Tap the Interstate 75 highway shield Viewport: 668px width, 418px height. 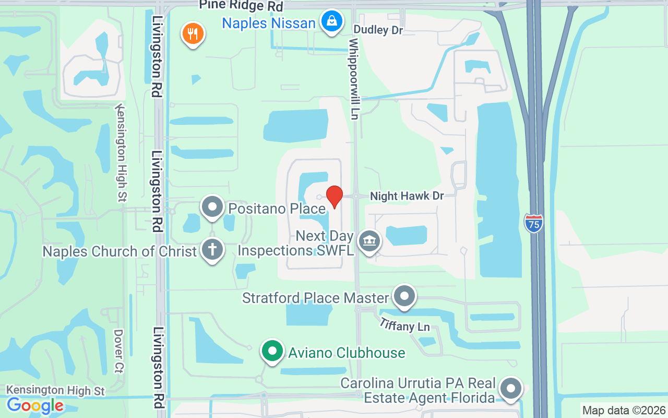533,223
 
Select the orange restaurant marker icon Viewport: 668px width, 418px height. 193,34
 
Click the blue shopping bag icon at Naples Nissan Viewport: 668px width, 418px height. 331,22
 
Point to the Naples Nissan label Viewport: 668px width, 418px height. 268,23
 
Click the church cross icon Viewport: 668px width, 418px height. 212,250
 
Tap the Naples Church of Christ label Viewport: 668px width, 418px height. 120,251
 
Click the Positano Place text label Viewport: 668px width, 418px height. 277,209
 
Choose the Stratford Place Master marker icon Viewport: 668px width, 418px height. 404,296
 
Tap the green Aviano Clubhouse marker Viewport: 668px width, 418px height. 272,351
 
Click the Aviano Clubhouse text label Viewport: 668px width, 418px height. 347,353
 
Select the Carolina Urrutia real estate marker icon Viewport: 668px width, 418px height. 511,389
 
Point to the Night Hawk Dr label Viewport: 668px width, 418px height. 407,196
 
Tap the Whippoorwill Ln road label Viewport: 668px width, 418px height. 354,78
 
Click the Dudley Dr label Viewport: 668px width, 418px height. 378,30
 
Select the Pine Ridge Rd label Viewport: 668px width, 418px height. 241,6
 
